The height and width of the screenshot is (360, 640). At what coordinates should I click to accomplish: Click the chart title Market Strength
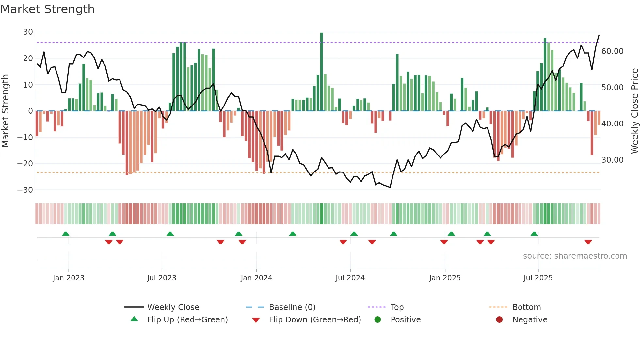pyautogui.click(x=47, y=9)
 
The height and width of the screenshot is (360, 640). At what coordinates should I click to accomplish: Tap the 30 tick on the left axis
pyautogui.click(x=28, y=32)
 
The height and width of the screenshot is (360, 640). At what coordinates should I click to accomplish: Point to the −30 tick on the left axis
pyautogui.click(x=25, y=190)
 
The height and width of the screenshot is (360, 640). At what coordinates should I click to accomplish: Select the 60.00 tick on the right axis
pyautogui.click(x=612, y=51)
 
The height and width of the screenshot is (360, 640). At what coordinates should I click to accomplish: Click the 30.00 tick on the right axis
pyautogui.click(x=612, y=160)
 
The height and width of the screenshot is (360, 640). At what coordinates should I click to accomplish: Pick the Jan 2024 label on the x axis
pyautogui.click(x=256, y=278)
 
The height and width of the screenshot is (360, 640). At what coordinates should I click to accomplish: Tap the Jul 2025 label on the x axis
pyautogui.click(x=538, y=278)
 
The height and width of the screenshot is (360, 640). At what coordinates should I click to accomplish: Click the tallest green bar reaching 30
pyautogui.click(x=322, y=72)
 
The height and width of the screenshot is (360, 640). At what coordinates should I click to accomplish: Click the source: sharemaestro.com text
pyautogui.click(x=575, y=256)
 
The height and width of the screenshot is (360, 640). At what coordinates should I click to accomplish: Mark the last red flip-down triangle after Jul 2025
pyautogui.click(x=588, y=242)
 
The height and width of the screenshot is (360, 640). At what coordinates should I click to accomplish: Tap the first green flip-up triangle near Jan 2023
pyautogui.click(x=66, y=234)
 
